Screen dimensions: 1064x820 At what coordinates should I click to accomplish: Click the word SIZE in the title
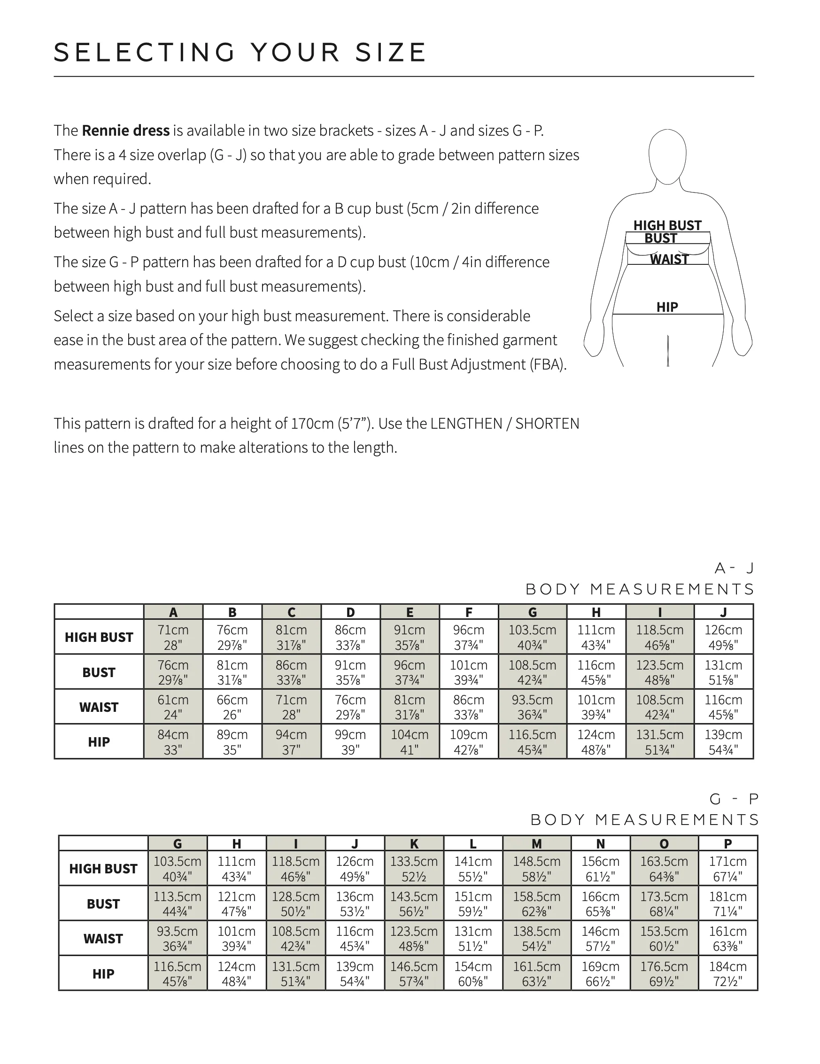tap(390, 53)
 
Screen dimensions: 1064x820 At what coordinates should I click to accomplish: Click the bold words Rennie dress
tap(126, 131)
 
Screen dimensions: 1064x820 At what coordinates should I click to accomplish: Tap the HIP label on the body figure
tap(667, 307)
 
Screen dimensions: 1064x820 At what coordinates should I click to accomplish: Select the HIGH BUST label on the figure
tap(667, 225)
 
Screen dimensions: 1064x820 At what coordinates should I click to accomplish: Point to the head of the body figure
tap(667, 156)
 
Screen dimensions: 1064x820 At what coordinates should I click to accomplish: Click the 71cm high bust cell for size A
tap(173, 637)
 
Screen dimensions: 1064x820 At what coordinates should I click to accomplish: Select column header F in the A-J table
tap(469, 612)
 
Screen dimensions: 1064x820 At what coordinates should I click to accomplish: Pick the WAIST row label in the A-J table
tap(99, 707)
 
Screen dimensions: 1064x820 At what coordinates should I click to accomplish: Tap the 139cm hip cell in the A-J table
tap(723, 741)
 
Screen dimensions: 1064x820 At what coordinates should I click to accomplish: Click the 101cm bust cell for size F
tap(469, 672)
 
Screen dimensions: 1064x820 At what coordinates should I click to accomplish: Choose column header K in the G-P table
tap(414, 844)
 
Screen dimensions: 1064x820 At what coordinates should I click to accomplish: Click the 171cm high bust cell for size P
tap(727, 869)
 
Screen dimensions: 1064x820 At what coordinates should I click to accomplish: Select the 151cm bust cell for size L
tap(473, 904)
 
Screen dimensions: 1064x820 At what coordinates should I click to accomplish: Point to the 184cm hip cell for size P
tap(727, 973)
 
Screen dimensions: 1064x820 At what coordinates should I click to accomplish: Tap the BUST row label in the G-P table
tap(103, 904)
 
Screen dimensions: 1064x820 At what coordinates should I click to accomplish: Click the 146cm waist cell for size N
tap(600, 938)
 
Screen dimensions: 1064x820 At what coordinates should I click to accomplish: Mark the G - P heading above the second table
tap(734, 799)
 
